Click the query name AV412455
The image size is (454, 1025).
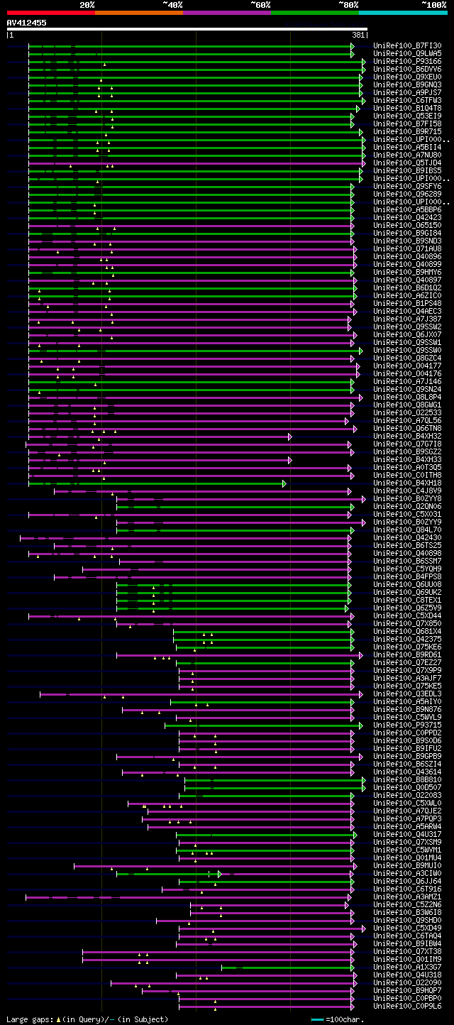pyautogui.click(x=27, y=23)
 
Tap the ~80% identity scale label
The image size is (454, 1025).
pyautogui.click(x=348, y=4)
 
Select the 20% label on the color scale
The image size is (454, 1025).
pyautogui.click(x=87, y=4)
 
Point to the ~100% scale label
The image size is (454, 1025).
pyautogui.click(x=433, y=4)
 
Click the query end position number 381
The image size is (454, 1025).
pyautogui.click(x=358, y=35)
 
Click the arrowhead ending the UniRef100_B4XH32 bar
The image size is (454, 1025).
pyautogui.click(x=290, y=437)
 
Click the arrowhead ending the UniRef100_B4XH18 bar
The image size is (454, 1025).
pyautogui.click(x=284, y=483)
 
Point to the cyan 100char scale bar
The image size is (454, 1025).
pyautogui.click(x=317, y=1019)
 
